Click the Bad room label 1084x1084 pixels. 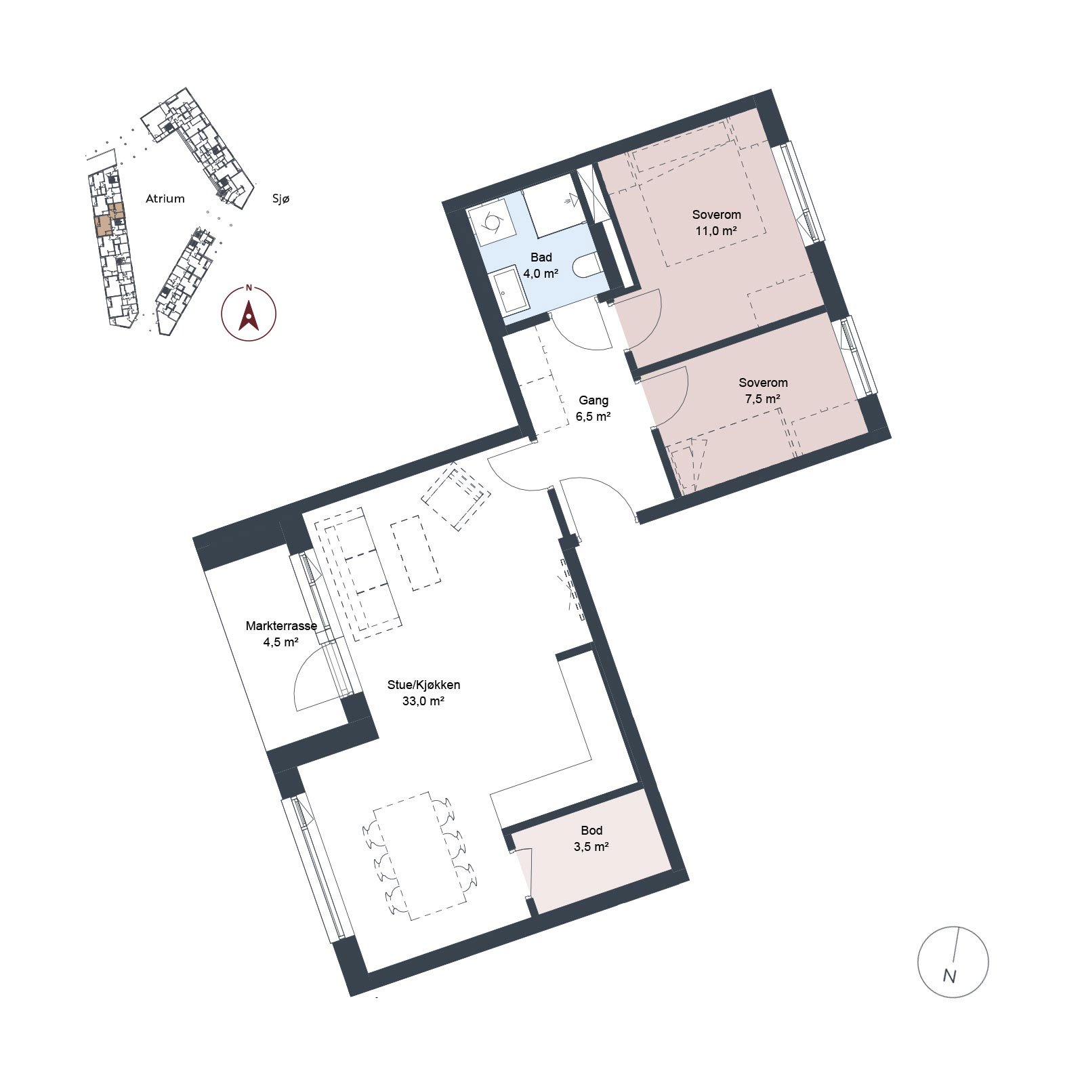541,257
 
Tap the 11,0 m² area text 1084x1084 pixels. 716,231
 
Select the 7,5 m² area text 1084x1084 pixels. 762,399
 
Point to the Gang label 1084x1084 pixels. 593,400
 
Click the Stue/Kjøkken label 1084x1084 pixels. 423,685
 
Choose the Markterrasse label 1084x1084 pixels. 281,626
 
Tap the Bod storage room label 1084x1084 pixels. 591,831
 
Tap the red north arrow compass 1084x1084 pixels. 249,313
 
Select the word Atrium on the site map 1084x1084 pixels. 165,199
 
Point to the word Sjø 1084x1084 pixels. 280,199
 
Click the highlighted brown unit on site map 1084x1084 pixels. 109,219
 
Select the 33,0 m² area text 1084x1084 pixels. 423,702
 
